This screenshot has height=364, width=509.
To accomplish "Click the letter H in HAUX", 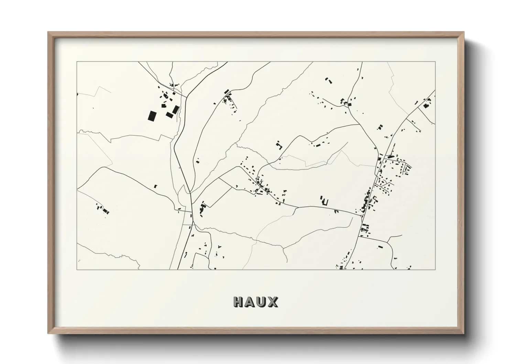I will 239,302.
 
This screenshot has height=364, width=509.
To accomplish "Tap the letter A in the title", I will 251,302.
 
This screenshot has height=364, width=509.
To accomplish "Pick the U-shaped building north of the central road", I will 279,145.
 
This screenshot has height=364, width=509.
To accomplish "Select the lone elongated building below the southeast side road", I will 380,247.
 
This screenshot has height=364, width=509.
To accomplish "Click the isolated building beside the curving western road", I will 155,186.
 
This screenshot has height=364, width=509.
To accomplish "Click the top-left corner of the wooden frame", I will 48,32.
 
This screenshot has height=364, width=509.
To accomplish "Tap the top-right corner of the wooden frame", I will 464,32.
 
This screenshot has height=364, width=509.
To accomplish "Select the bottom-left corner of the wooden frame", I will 48,334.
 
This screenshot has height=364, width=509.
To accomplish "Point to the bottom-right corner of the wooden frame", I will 464,334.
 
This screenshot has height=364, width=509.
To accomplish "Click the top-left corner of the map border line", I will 77,62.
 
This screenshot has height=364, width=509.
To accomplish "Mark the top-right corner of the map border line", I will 435,62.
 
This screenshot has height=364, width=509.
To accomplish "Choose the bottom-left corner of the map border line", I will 77,270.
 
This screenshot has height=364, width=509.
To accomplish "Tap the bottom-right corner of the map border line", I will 435,270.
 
